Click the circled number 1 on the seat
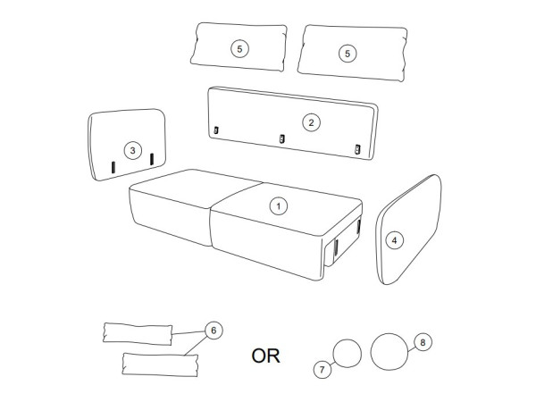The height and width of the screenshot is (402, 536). [279, 206]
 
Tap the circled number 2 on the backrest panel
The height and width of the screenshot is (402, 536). [311, 122]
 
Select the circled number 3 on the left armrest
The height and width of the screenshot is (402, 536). [132, 150]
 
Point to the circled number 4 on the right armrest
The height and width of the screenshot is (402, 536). [395, 240]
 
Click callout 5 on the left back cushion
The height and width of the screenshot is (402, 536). [239, 49]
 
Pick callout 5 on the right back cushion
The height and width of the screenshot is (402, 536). [348, 54]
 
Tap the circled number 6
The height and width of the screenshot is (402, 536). [214, 331]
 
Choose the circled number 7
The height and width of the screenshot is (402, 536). [322, 370]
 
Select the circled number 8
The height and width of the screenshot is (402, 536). [423, 342]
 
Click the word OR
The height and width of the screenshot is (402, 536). [265, 356]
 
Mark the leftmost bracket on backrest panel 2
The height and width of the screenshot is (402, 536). [216, 130]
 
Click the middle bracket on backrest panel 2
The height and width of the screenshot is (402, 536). [282, 138]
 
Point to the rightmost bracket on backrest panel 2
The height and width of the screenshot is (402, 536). [357, 149]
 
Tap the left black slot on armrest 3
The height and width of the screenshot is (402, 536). [113, 167]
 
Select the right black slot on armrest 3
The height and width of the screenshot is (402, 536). [152, 159]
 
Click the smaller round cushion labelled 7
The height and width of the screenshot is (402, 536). [347, 354]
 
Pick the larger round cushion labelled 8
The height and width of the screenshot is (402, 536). [389, 351]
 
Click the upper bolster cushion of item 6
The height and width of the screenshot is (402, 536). [138, 333]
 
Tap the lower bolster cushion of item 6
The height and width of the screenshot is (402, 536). [160, 364]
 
